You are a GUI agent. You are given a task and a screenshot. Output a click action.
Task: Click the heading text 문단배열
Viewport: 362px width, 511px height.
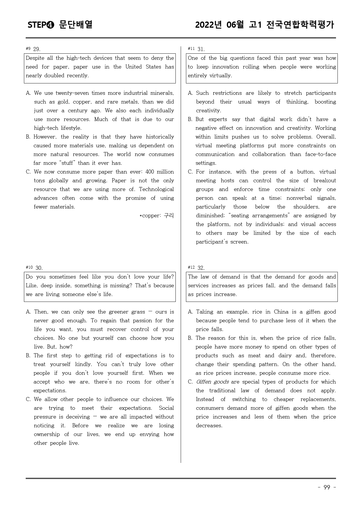click(76, 24)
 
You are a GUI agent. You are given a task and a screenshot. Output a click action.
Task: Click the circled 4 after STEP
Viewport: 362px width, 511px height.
click(50, 25)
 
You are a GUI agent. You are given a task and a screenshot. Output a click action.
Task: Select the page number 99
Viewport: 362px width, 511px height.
click(327, 487)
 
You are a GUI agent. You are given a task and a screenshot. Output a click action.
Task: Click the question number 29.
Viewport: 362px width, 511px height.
click(37, 49)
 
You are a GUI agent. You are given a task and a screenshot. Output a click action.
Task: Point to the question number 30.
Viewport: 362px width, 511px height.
click(39, 268)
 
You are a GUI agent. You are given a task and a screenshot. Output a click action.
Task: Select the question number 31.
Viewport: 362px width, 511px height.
click(201, 49)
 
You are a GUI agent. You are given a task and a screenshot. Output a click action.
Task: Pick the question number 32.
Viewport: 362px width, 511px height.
click(201, 268)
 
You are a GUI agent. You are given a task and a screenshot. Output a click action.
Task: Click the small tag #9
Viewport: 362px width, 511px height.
click(28, 48)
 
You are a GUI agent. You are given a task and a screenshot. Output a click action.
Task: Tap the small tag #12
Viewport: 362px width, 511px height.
click(191, 267)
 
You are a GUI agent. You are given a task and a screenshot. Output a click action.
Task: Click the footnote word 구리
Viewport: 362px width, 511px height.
click(169, 216)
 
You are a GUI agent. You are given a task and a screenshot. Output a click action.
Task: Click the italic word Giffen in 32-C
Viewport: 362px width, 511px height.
click(203, 382)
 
